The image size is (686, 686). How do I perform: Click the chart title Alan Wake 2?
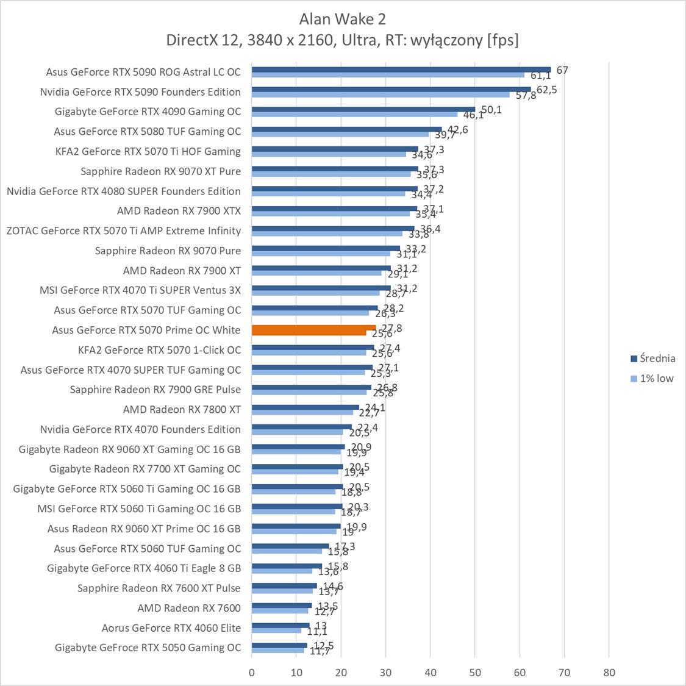tap(342, 19)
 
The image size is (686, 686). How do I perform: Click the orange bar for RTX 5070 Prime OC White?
tap(313, 328)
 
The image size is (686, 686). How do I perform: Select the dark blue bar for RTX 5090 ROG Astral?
tap(401, 70)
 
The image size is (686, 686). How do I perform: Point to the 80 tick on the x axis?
tap(609, 673)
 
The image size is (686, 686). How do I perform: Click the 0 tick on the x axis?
tap(252, 673)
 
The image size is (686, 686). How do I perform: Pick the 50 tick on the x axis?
tap(475, 673)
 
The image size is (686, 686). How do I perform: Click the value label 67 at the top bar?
tap(562, 70)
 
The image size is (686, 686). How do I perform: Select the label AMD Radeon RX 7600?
tap(189, 608)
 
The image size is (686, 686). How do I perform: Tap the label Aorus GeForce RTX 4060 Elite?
tap(171, 627)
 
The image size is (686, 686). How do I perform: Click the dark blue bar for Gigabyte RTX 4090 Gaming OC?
tap(363, 109)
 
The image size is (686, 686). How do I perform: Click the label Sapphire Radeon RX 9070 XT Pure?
tap(160, 171)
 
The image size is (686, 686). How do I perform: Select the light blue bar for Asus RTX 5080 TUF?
tap(340, 134)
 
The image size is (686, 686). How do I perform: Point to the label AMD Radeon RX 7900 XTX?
tap(179, 211)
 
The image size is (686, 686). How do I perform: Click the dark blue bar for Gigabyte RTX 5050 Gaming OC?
tap(279, 645)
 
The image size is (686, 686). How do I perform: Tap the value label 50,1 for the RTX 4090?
tap(491, 110)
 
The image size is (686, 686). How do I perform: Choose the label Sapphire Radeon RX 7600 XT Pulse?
tap(159, 588)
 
